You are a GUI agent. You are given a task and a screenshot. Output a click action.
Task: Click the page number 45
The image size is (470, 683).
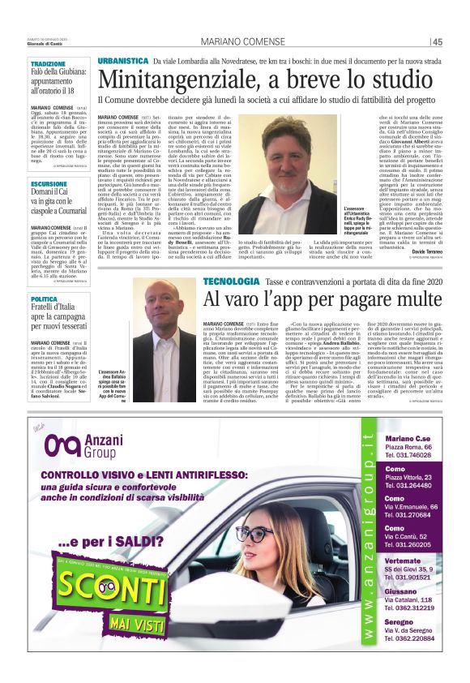(x=437, y=42)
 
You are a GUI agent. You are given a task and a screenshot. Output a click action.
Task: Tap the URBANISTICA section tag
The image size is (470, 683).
(x=122, y=62)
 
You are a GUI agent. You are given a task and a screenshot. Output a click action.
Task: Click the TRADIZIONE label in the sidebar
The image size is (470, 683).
(x=49, y=63)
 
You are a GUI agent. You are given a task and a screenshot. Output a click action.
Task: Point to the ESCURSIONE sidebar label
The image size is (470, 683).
(x=49, y=184)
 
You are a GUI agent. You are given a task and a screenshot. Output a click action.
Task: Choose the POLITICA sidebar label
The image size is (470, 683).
(x=45, y=299)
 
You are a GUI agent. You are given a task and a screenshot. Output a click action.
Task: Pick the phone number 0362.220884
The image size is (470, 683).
(x=412, y=639)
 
